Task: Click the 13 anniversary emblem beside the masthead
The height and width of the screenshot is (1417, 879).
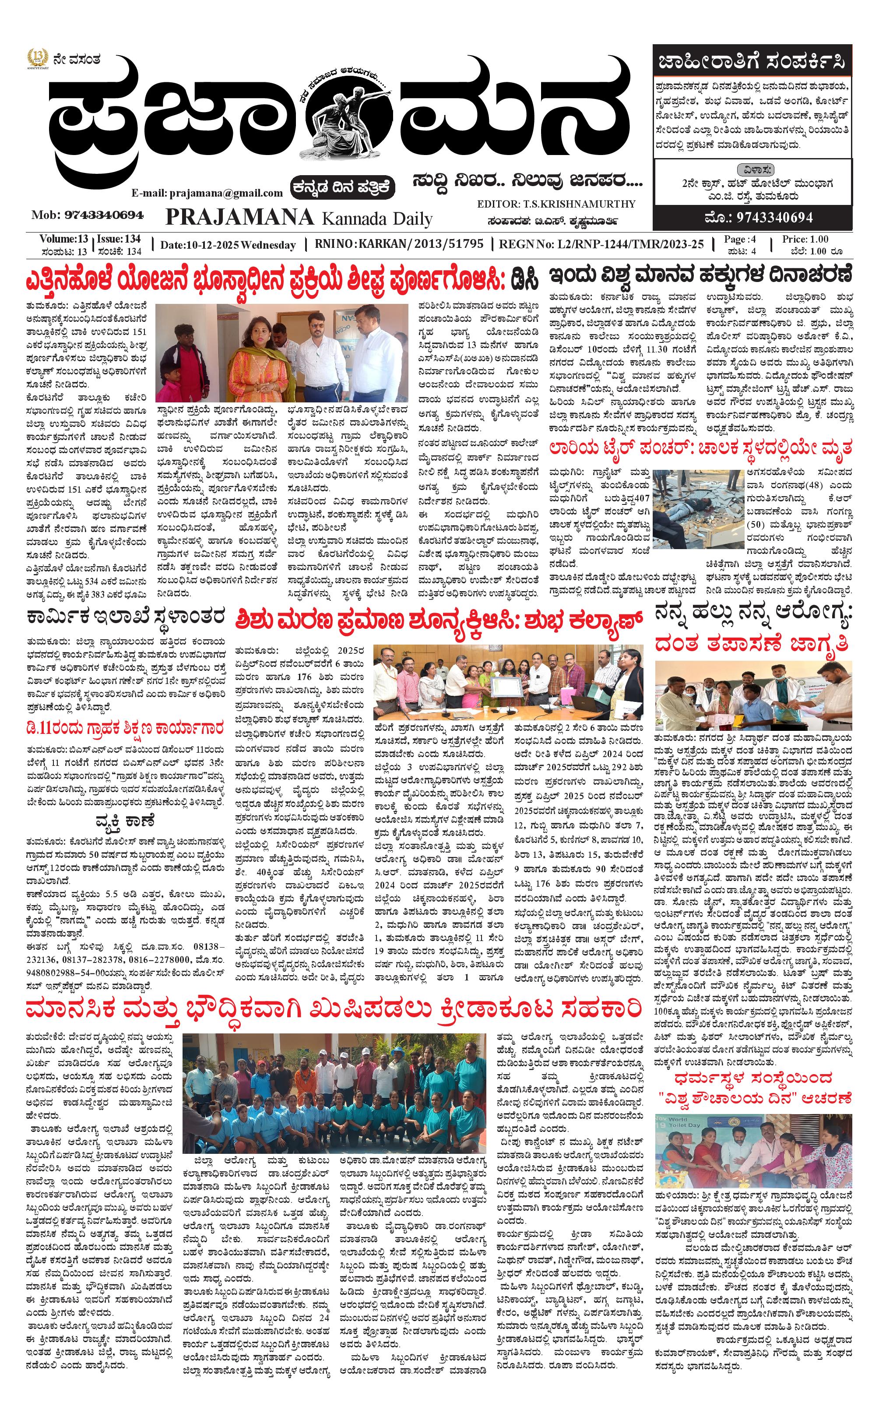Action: point(37,59)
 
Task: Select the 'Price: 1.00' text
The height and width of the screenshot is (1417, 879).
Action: point(805,239)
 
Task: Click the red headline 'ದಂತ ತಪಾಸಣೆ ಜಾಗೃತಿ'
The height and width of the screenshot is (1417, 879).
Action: point(751,644)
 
